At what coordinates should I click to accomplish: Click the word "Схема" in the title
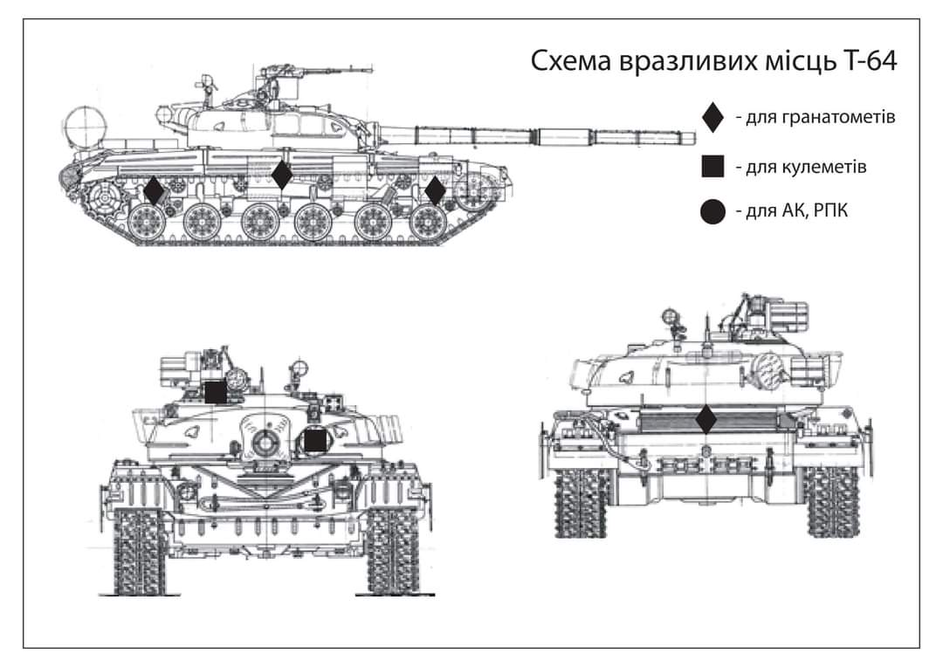573,63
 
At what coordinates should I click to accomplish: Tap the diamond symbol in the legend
713,117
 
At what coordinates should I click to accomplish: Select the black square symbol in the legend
713,165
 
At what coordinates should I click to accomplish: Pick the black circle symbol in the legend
713,211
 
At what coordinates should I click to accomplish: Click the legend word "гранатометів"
821,117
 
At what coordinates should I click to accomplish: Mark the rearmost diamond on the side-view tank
154,190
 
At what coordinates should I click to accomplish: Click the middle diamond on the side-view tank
281,175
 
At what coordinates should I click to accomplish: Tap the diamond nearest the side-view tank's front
435,190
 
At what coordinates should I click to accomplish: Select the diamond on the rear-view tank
706,420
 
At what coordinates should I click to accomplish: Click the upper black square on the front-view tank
216,392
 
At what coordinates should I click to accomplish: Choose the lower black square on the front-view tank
315,441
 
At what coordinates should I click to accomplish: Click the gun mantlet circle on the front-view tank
263,442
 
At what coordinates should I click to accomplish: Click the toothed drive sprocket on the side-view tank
104,194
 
